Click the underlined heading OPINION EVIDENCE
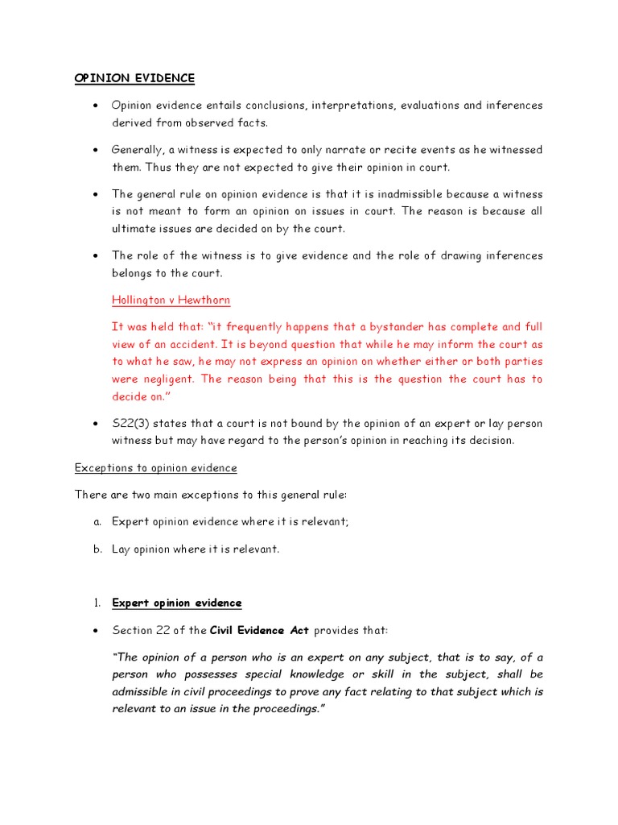pos(134,78)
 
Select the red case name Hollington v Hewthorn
pos(171,301)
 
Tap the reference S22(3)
pos(132,424)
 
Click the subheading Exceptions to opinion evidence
pos(155,468)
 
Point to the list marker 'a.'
pos(97,521)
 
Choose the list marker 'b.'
pos(97,549)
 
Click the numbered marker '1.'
pos(97,603)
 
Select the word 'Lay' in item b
pos(122,549)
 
